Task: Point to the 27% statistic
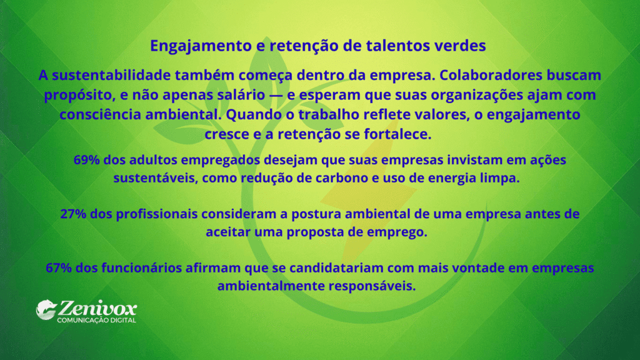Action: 74,214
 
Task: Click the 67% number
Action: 59,267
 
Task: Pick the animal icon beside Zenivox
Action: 46,308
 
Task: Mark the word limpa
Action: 502,178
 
